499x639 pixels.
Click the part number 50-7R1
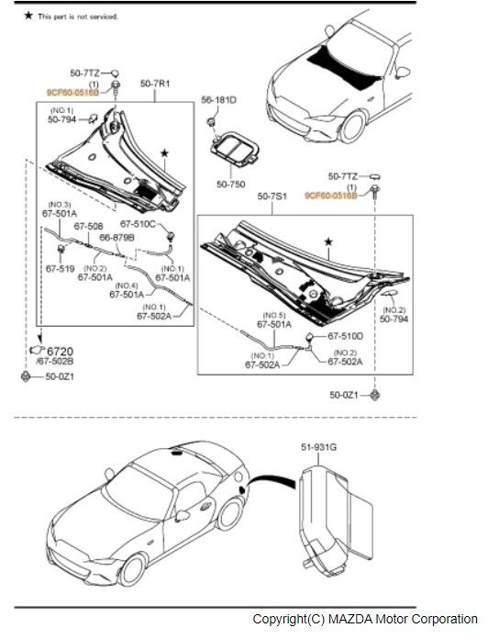point(155,84)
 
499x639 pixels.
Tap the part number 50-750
point(230,184)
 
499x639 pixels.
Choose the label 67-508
point(88,226)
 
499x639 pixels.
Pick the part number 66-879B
point(117,237)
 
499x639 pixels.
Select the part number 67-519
point(60,269)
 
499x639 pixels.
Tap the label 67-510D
point(346,335)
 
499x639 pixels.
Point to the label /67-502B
point(55,362)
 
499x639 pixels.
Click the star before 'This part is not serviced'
point(28,16)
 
